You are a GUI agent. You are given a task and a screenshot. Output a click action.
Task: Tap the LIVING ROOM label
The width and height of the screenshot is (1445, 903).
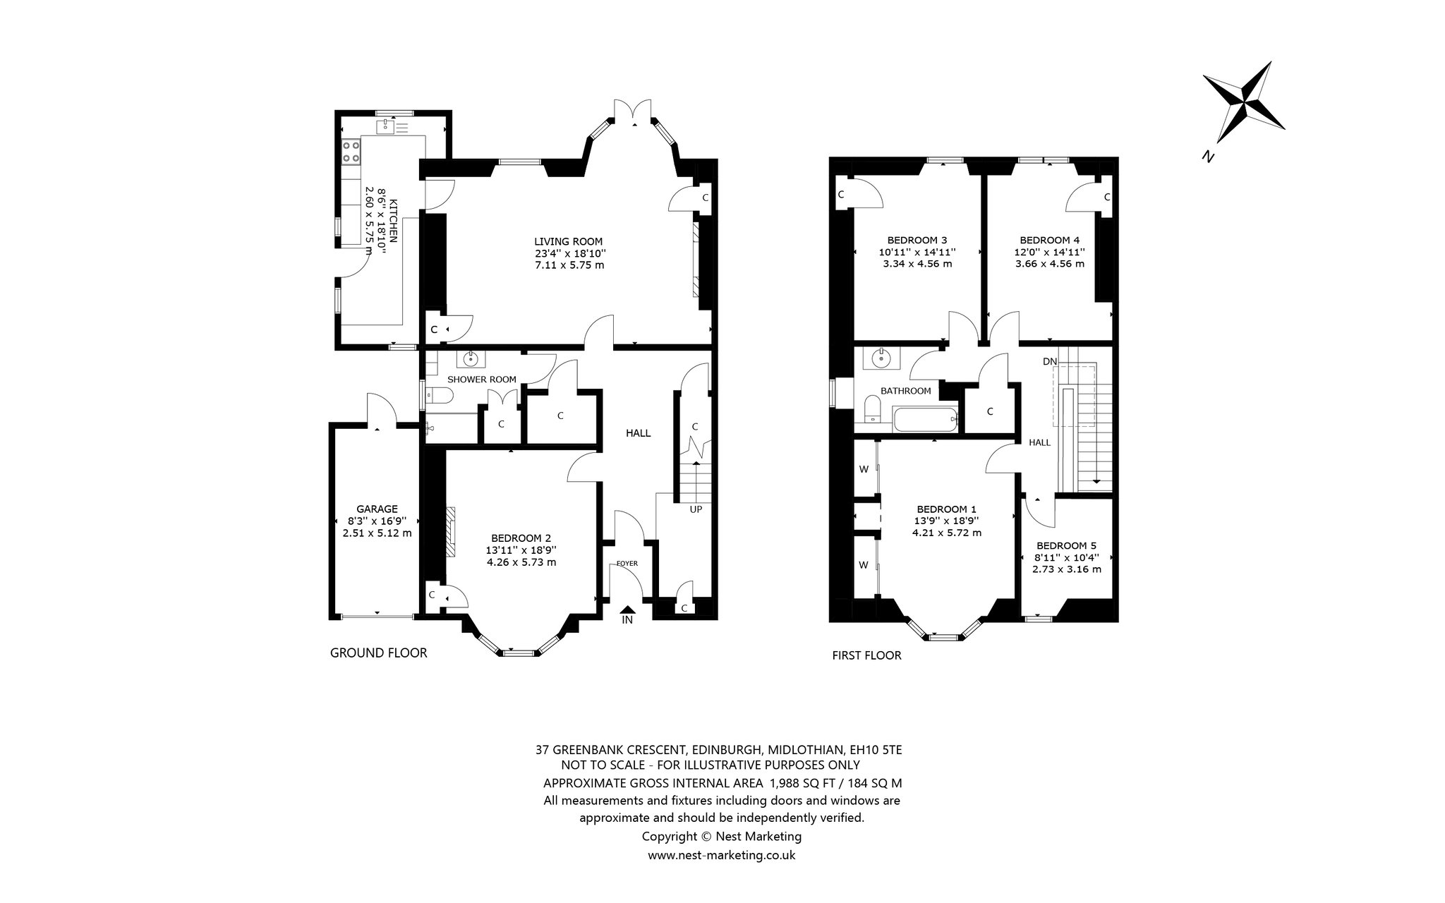pyautogui.click(x=569, y=241)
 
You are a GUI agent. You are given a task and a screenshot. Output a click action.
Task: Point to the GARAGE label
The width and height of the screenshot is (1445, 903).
pyautogui.click(x=377, y=509)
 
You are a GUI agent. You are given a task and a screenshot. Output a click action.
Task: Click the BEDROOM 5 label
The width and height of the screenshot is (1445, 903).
pyautogui.click(x=1066, y=545)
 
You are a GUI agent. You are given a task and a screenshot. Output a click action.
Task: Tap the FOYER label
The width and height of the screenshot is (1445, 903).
pyautogui.click(x=627, y=563)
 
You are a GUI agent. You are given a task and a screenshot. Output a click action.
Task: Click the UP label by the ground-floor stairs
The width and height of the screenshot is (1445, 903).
pyautogui.click(x=696, y=509)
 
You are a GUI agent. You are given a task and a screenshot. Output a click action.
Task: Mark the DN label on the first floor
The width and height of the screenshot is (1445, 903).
pyautogui.click(x=1050, y=361)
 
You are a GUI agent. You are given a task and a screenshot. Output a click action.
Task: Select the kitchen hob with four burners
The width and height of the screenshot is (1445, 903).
pyautogui.click(x=351, y=153)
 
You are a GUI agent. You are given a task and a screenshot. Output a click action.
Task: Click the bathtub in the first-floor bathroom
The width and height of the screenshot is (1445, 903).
pyautogui.click(x=925, y=420)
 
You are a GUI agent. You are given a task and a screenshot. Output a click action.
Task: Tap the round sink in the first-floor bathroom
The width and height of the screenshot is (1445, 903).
pyautogui.click(x=881, y=358)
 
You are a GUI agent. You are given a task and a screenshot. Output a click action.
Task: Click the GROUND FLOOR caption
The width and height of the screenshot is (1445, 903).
pyautogui.click(x=379, y=653)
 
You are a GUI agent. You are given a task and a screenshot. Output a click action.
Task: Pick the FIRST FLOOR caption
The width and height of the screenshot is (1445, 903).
pyautogui.click(x=867, y=655)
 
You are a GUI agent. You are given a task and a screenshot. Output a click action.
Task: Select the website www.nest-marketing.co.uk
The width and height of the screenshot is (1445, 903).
pyautogui.click(x=722, y=855)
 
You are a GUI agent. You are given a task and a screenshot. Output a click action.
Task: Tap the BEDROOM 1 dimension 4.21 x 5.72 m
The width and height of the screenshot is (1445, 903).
pyautogui.click(x=946, y=533)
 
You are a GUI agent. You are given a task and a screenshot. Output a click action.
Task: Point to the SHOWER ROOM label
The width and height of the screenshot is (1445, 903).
pyautogui.click(x=482, y=380)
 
